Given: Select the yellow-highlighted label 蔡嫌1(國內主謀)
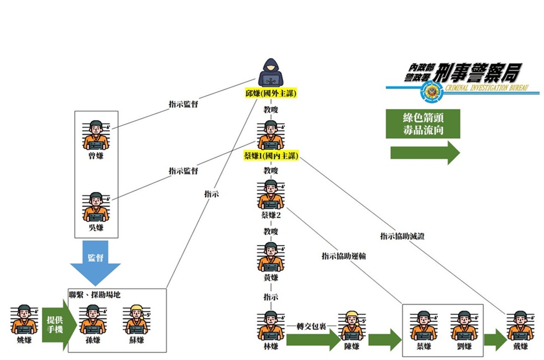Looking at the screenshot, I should click(x=271, y=156).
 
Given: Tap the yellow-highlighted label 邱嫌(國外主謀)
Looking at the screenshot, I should click(x=271, y=94).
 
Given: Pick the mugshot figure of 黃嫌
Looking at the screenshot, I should click(x=271, y=257).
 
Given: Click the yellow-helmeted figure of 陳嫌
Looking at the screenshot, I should click(x=352, y=326).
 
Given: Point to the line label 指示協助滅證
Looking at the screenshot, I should click(x=402, y=236).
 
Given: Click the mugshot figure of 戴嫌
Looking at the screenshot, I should click(x=519, y=326).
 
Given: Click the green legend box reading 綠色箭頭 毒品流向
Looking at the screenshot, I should click(x=423, y=124).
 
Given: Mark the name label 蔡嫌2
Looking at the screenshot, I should click(x=271, y=215).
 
